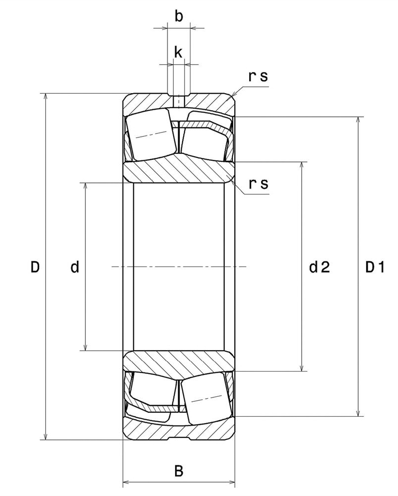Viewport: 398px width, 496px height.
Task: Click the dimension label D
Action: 35,267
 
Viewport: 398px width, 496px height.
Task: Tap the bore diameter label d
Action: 75,268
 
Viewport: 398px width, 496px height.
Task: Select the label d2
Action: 320,268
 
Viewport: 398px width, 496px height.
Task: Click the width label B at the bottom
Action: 179,471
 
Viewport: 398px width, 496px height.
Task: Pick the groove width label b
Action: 179,16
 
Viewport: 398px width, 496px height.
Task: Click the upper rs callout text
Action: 258,76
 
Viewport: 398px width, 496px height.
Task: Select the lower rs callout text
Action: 258,184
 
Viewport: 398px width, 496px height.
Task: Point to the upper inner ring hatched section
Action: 179,171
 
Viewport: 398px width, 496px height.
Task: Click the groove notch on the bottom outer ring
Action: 179,438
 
